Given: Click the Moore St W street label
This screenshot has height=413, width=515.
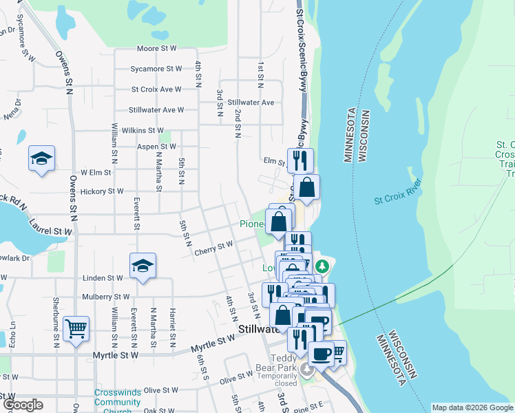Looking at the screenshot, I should [157, 49].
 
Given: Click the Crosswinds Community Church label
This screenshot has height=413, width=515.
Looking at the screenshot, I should [118, 402].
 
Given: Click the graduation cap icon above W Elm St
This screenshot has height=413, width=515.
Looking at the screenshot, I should [41, 158].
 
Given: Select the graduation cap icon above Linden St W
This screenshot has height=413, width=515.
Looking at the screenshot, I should [143, 265].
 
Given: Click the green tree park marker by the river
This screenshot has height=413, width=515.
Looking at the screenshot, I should [320, 266].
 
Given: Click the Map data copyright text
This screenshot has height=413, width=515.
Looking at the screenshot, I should [472, 407].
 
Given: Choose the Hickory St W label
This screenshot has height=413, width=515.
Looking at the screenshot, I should [101, 191].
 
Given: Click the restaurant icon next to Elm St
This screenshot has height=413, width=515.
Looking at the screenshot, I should [299, 160].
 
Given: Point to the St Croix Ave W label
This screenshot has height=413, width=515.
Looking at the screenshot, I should [156, 89].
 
